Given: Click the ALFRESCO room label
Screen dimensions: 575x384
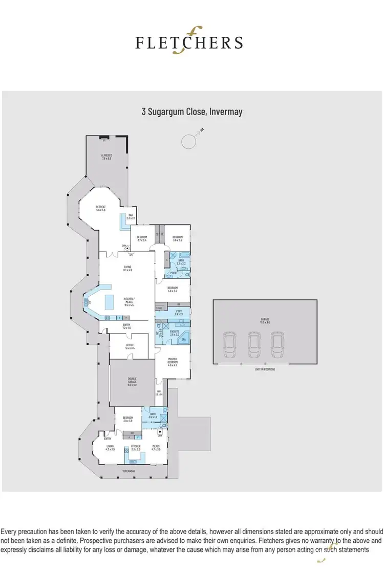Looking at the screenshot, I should [x=106, y=157].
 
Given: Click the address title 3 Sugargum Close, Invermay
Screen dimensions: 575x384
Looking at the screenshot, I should [x=192, y=111].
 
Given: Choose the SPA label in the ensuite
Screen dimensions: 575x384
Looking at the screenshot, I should [x=182, y=340].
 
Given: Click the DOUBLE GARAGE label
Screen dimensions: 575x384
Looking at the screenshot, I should [x=132, y=382].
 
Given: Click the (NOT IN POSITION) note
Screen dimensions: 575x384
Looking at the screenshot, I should [x=264, y=369].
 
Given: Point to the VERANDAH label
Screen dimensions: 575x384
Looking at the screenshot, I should [x=128, y=471].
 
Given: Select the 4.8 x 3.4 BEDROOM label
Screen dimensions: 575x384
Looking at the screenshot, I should [x=173, y=290].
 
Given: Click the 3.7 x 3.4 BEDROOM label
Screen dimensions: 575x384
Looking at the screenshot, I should [x=142, y=238].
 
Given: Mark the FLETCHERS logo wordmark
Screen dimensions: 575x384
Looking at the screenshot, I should [x=189, y=41].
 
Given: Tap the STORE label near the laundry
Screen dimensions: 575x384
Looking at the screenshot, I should [x=159, y=308].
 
